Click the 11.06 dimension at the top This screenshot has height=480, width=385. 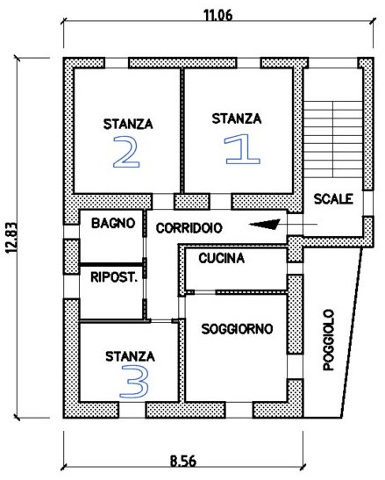(218, 15)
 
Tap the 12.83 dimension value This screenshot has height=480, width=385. (12, 238)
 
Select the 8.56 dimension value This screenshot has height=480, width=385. (183, 461)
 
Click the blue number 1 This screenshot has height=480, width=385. (242, 150)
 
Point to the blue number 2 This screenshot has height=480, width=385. (126, 152)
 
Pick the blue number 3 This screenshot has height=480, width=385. (134, 382)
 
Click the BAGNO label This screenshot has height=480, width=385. (113, 223)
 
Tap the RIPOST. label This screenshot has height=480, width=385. (114, 277)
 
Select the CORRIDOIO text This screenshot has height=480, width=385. (189, 228)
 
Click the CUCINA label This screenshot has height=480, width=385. (222, 258)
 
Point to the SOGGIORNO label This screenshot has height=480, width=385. (237, 329)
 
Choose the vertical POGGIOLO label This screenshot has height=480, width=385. (329, 340)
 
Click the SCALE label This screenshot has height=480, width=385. (333, 199)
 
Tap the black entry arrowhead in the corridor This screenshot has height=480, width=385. (265, 224)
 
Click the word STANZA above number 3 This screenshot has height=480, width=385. (130, 356)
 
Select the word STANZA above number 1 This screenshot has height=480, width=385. (237, 118)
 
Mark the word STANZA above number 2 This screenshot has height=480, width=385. (128, 124)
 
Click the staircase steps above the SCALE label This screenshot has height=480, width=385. (333, 140)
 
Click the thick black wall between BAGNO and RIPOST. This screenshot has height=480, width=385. (111, 264)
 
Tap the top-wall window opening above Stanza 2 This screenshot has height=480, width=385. (117, 63)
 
